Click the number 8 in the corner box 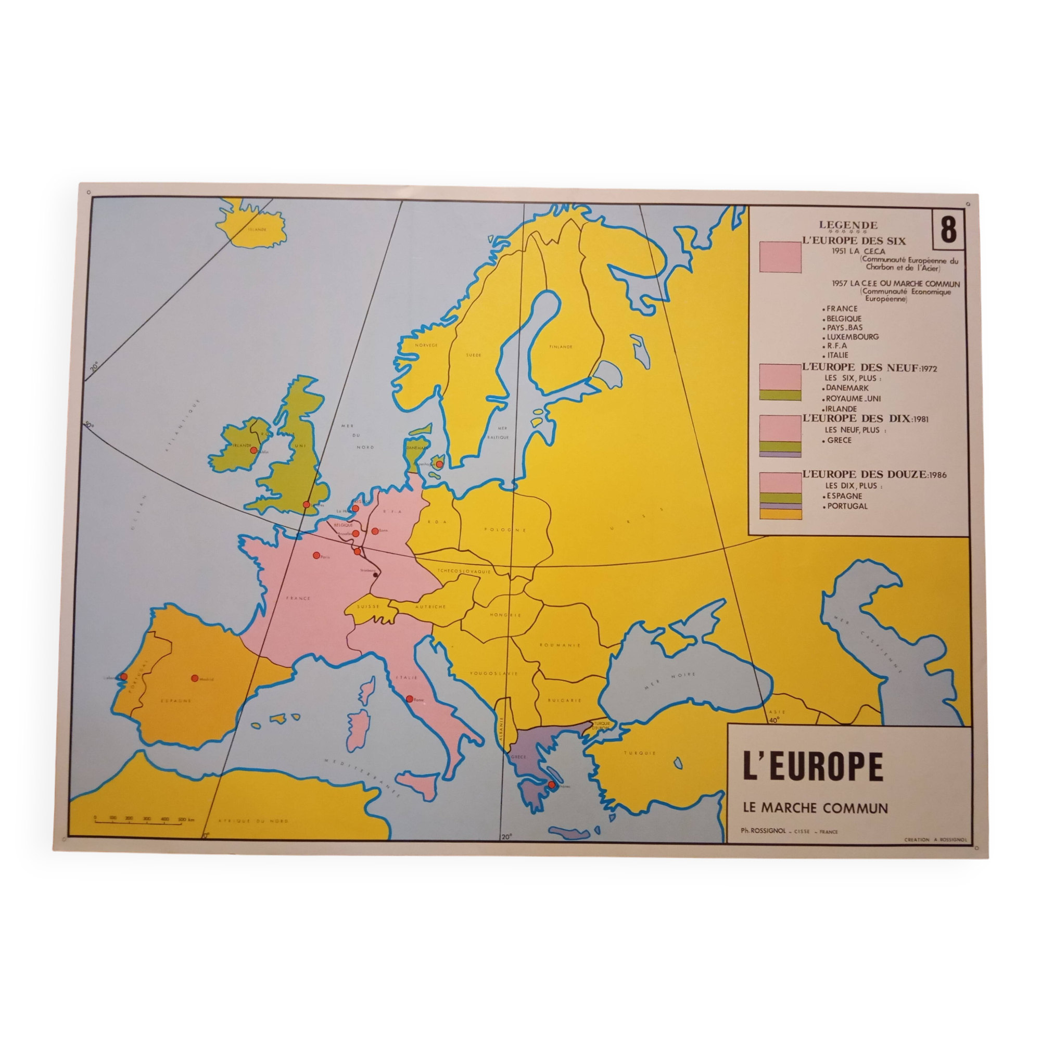(x=948, y=230)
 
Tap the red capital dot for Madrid (x=195, y=678)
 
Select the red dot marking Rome (x=410, y=699)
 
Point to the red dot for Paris (x=316, y=555)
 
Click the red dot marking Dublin (x=253, y=450)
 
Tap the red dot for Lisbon (x=124, y=676)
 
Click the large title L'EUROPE (x=813, y=767)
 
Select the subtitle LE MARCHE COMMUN (x=815, y=808)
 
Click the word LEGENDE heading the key (x=848, y=225)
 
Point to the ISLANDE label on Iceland (x=257, y=229)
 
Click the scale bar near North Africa (x=144, y=818)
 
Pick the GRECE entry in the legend (x=840, y=440)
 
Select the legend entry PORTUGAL (x=847, y=506)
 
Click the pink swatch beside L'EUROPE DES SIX (x=780, y=257)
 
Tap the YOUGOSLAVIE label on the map (x=493, y=674)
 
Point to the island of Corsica (x=367, y=691)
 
